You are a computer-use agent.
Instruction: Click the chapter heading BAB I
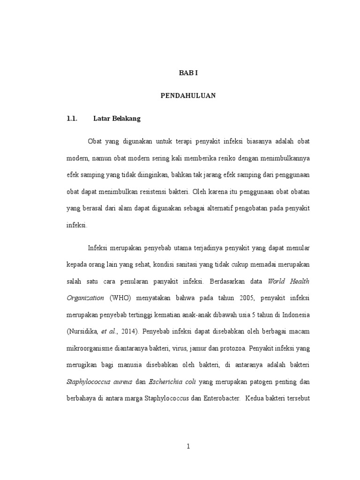click(x=188, y=74)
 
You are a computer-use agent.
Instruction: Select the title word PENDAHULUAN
click(x=188, y=96)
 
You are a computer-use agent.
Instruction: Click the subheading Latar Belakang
click(x=117, y=119)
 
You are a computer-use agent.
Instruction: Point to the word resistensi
click(x=157, y=192)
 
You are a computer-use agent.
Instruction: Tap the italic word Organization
click(x=85, y=298)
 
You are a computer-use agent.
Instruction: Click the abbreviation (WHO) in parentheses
click(x=119, y=298)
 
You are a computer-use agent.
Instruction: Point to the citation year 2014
click(x=128, y=331)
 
